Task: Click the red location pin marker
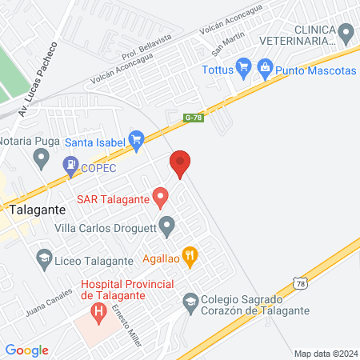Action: (180, 164)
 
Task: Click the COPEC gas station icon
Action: (70, 167)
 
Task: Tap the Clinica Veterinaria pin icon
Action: (346, 34)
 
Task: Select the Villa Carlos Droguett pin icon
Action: (166, 226)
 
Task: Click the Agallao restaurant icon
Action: (190, 257)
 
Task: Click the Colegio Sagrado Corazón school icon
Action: (190, 302)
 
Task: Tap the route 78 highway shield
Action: (298, 283)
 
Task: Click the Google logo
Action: (27, 350)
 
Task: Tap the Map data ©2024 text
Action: (325, 353)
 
